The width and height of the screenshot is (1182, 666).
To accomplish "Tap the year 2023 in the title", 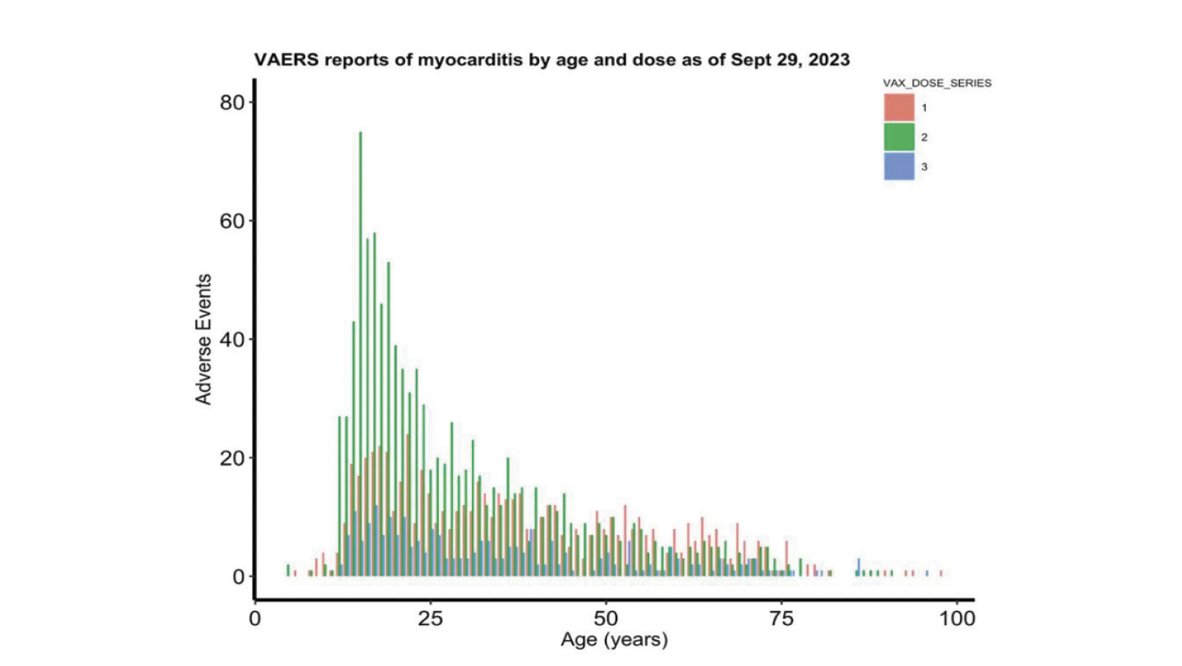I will [x=829, y=60].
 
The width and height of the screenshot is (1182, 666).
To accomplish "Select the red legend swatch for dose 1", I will [x=899, y=107].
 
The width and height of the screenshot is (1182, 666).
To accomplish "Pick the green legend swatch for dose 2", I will [x=899, y=137].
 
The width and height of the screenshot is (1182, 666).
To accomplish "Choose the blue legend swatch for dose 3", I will [x=899, y=166].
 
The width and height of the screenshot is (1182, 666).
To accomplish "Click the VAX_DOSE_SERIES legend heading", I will [x=937, y=83].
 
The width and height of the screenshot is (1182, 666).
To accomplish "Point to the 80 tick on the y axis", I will [x=232, y=102].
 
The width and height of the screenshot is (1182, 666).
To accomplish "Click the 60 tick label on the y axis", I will [x=232, y=221].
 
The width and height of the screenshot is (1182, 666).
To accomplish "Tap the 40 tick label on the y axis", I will [x=232, y=340].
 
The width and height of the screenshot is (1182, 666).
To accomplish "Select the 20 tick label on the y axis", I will [x=232, y=459].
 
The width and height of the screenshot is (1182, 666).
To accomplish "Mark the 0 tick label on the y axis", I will [x=239, y=577].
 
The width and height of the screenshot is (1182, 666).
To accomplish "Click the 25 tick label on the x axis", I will [x=430, y=618].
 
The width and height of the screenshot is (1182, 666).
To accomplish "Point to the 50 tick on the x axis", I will [x=606, y=618].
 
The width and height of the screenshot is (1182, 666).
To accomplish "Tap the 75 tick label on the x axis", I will [x=781, y=618].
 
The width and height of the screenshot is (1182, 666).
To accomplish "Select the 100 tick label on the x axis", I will [x=957, y=618].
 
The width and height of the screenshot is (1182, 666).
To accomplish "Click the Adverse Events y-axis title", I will [x=204, y=340].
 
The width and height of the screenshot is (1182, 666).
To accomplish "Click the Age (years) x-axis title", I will [x=614, y=639].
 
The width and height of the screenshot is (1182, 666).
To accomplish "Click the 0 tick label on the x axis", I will [x=255, y=618].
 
